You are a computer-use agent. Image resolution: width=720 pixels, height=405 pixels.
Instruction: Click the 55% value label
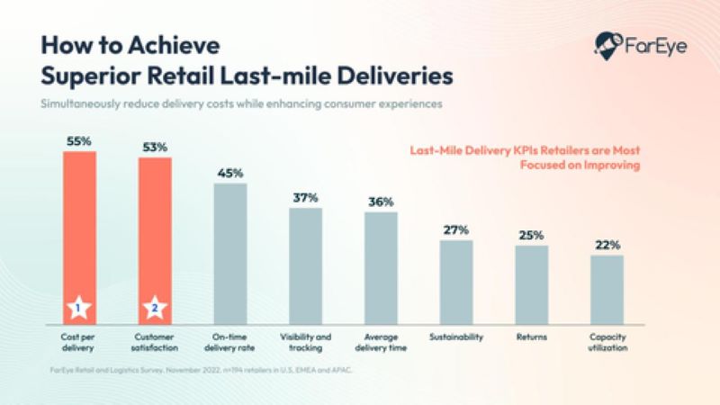coord(78,141)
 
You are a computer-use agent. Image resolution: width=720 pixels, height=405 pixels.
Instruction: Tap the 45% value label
coord(229,174)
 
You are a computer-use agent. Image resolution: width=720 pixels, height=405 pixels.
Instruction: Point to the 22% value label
coord(607,245)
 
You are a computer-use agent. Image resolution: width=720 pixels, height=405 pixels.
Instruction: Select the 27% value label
coord(456,230)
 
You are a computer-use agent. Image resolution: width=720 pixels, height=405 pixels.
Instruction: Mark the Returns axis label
coord(532,337)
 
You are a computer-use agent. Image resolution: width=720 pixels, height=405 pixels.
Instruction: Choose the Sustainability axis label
coord(456,337)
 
